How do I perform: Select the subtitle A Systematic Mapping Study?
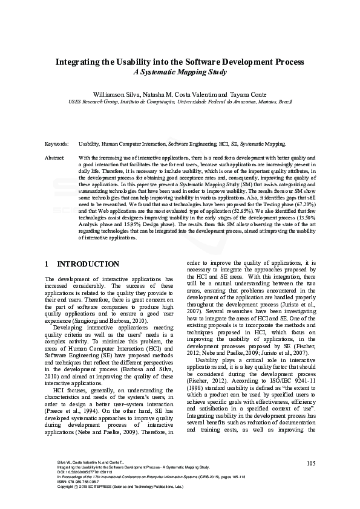point(180,73)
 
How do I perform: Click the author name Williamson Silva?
point(115,95)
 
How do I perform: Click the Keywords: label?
point(57,144)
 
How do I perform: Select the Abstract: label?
point(55,157)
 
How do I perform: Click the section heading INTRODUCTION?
point(88,264)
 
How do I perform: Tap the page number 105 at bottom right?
point(311,463)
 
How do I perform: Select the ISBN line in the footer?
point(75,482)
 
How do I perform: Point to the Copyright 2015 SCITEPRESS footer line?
point(115,487)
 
